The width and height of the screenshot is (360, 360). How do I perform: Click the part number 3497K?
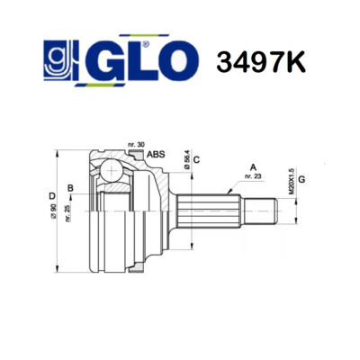(x=261, y=62)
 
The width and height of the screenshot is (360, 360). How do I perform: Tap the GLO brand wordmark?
(x=141, y=60)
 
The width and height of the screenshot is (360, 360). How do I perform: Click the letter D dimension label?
(x=52, y=196)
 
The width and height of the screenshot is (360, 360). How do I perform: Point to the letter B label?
(x=70, y=188)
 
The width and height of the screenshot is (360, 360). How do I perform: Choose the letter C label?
(x=196, y=159)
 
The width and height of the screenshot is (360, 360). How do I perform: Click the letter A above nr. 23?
(x=254, y=167)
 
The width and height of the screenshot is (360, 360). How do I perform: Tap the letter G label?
(x=301, y=179)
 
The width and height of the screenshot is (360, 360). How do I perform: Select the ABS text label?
(x=156, y=154)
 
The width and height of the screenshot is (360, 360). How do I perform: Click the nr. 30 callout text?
(x=137, y=145)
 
